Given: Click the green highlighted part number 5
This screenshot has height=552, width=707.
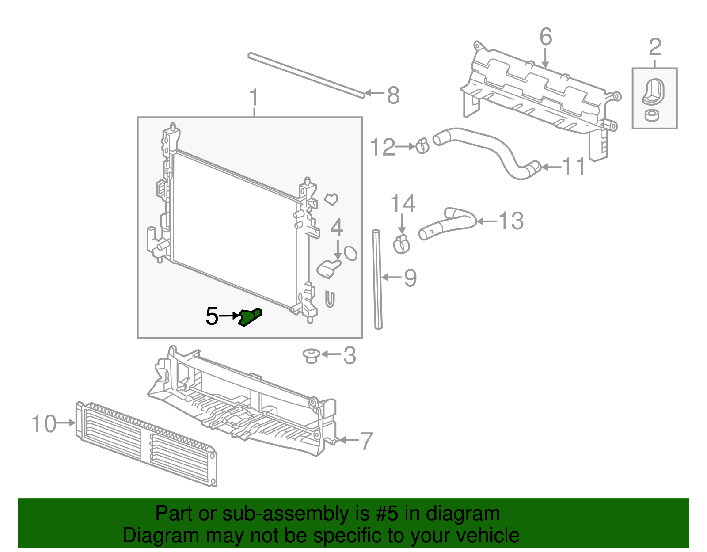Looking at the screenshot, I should (250, 317).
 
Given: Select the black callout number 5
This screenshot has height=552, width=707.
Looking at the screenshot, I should (212, 316).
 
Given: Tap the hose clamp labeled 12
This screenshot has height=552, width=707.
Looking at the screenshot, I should (422, 146).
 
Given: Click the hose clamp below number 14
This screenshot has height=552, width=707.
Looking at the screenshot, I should (401, 244).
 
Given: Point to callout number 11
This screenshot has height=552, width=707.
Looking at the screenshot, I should (574, 167).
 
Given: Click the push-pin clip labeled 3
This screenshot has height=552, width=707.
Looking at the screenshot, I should (311, 355).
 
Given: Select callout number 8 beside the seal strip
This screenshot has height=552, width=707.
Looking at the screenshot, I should (393, 95).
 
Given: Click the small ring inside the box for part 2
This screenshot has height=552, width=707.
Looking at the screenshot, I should (651, 116).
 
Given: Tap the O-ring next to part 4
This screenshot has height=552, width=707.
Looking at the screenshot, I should (350, 253).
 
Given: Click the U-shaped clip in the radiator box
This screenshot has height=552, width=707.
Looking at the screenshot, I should (330, 299).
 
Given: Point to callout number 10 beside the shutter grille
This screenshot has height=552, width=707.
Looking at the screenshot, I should (44, 423).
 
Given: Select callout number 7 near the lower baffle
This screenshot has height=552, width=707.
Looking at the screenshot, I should (366, 441).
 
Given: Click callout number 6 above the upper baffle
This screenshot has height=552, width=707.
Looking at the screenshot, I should (546, 37).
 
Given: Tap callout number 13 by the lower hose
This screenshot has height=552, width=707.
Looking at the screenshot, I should (511, 221).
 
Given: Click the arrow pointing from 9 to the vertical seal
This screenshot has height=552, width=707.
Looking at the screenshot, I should (391, 277).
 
